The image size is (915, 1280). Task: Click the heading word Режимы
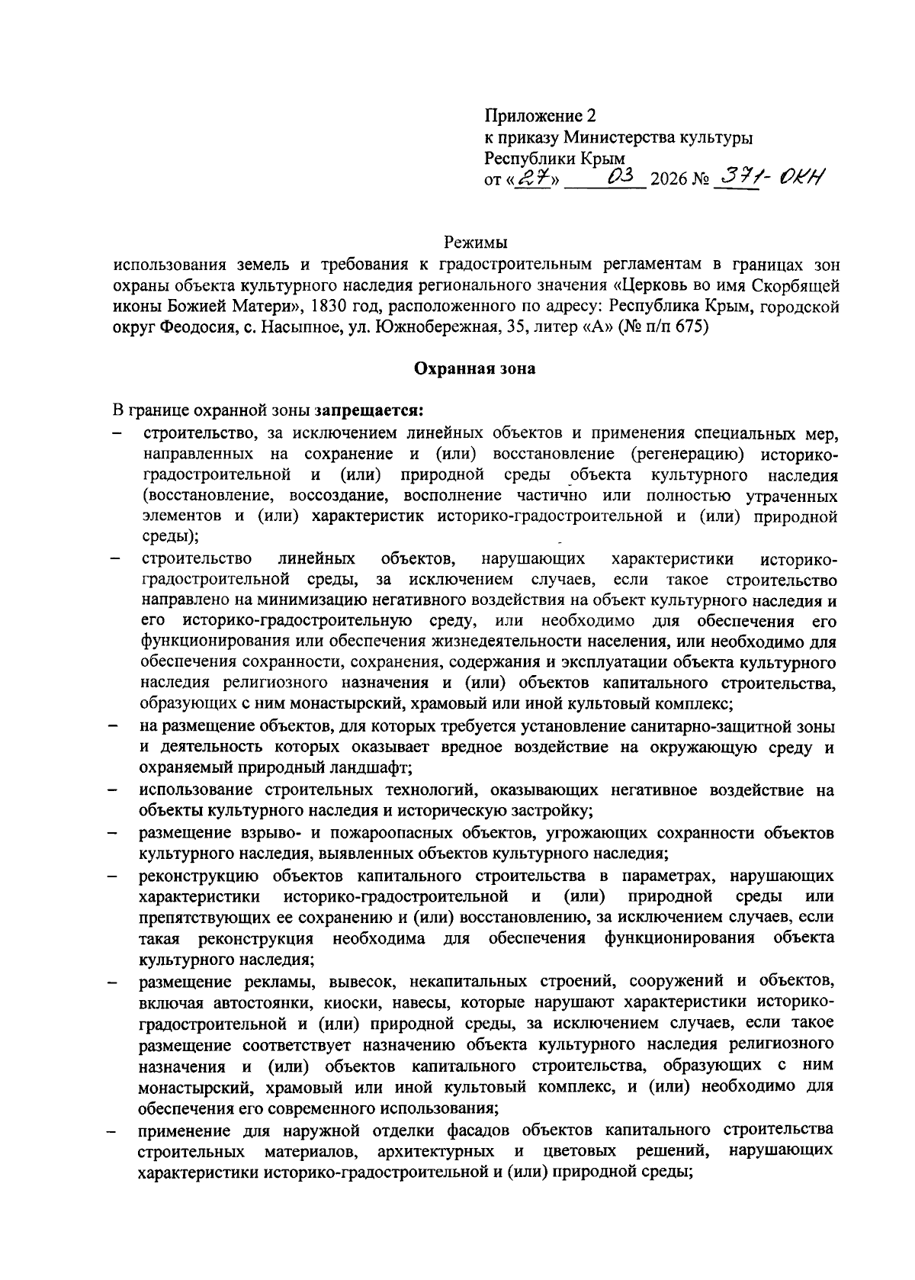point(475,243)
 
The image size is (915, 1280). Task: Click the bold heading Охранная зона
point(474,369)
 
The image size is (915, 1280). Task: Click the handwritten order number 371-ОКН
point(771,177)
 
